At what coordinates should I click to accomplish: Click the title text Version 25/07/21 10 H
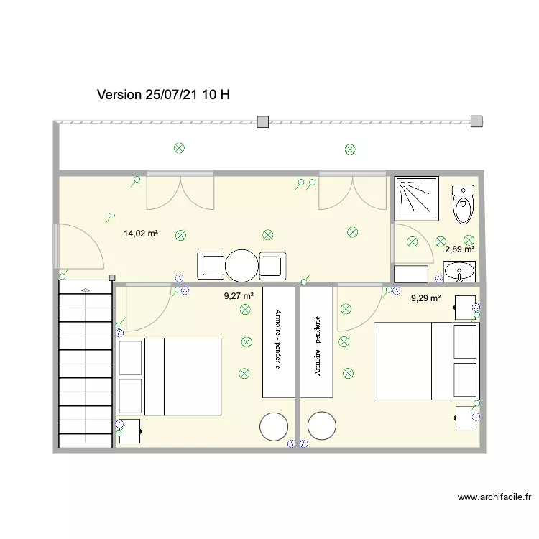click(163, 95)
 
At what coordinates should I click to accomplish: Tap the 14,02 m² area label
click(140, 234)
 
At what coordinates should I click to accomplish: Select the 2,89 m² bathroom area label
click(459, 249)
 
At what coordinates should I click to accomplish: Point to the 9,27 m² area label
click(239, 296)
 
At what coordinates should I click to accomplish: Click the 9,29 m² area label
click(425, 298)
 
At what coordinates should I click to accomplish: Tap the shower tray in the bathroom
click(415, 197)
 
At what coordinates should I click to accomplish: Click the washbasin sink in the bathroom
click(459, 272)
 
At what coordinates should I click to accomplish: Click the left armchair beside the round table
click(212, 265)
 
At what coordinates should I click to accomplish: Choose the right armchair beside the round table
click(272, 265)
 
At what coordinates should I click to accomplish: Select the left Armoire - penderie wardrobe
click(279, 342)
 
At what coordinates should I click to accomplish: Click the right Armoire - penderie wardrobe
click(316, 342)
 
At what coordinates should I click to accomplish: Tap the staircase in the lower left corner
click(86, 365)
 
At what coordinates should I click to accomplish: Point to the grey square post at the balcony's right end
click(476, 121)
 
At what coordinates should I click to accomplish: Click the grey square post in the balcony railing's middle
click(263, 121)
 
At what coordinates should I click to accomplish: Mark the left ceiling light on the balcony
click(180, 148)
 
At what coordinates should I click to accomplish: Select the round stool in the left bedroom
click(274, 426)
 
